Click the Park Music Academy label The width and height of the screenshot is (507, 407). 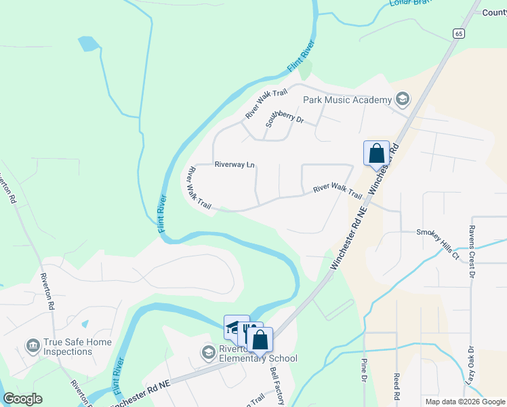coord(347,100)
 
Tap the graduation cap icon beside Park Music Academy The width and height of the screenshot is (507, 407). coord(403,100)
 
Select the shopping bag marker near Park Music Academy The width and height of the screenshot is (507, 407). coord(376,153)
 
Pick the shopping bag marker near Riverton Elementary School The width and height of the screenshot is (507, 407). coord(260,341)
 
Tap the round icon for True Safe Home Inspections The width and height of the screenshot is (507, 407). coord(33,347)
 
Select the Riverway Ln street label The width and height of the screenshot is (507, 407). coord(234,164)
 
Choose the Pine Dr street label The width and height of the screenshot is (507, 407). coord(364,387)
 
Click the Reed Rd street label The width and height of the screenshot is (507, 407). coord(397,385)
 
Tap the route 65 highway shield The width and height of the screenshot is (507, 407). coord(459,33)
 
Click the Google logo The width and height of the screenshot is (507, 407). coord(23,399)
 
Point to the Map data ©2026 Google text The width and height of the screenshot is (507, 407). coord(464,402)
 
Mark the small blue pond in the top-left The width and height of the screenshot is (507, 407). coord(88,44)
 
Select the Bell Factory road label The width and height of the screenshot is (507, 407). coord(277,383)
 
